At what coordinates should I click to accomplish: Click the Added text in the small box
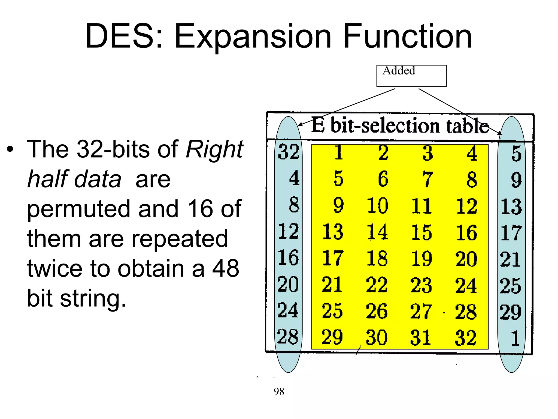point(399,71)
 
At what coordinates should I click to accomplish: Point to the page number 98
point(279,391)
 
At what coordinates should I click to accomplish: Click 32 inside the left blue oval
point(289,152)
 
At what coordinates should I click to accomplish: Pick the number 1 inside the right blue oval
point(515,338)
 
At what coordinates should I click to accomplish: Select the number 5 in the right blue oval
point(516,153)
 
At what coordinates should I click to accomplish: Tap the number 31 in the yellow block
point(420,338)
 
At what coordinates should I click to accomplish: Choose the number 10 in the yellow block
point(377,205)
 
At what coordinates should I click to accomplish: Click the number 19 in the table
point(421,258)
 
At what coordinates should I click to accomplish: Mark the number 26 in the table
point(377,311)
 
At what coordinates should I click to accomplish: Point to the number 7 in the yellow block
point(427,179)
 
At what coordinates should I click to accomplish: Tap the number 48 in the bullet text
point(226,268)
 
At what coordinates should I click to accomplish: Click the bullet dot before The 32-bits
point(10,149)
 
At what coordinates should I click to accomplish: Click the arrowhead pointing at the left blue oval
point(300,124)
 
